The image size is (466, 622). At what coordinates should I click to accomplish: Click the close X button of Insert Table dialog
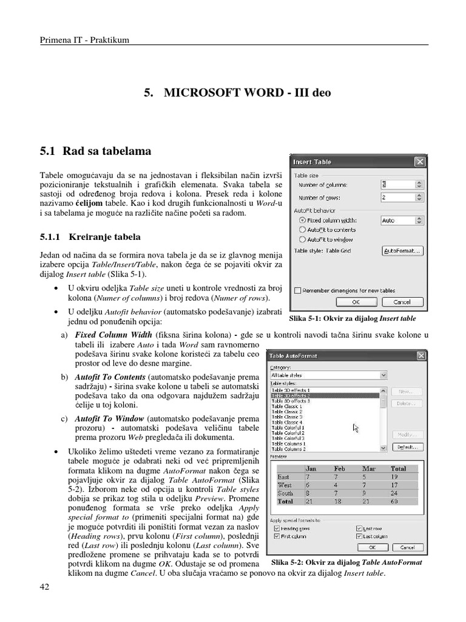pos(419,162)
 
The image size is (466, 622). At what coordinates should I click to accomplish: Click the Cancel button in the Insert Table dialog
pos(402,301)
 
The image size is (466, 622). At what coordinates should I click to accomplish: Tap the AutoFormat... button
pos(402,251)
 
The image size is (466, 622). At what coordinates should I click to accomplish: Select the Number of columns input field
pos(397,184)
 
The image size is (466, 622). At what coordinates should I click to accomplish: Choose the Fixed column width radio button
pos(302,220)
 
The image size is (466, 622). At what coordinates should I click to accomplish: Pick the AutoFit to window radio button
pos(302,239)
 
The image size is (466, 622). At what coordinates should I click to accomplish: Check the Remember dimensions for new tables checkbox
pos(297,290)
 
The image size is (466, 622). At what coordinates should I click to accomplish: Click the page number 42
pos(45,586)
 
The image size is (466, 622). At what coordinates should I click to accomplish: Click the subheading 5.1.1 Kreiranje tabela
pos(90,236)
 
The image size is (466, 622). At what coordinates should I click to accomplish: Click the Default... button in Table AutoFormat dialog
pos(407,447)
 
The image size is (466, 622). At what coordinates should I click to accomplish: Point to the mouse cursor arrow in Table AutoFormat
pos(356,428)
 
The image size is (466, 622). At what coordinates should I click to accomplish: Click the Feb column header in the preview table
pos(340,469)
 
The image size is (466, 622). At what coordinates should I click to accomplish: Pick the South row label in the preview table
pos(285,493)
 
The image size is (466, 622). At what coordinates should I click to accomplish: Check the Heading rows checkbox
pos(277,529)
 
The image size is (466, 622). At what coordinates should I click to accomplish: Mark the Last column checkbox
pos(359,536)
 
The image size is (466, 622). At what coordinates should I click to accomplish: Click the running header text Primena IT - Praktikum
pos(84,41)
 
